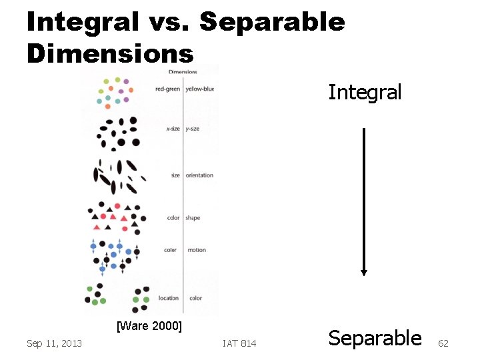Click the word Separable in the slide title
pos(272,22)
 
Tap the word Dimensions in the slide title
pos(110,53)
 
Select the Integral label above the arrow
pos(365,92)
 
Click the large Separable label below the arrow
pos(375,338)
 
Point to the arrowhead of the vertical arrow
pos(363,271)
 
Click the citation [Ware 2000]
pos(149,326)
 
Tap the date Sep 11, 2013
pos(54,343)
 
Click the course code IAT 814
pos(239,343)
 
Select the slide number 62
pos(443,343)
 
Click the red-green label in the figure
pos(167,89)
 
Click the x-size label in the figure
pos(172,129)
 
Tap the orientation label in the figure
pos(199,175)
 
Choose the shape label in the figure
pos(193,218)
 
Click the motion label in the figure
pos(197,250)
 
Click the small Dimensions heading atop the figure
pos(183,72)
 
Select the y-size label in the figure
pos(193,129)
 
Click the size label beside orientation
pos(175,175)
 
